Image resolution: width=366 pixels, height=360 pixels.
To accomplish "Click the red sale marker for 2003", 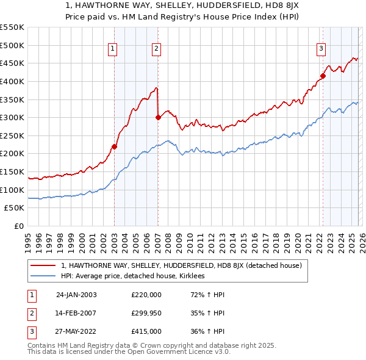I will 114,146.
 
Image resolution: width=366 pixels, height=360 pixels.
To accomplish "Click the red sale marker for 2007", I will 158,117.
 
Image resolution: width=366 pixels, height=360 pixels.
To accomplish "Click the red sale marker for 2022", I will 323,76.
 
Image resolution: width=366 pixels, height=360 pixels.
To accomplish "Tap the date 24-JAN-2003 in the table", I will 76,295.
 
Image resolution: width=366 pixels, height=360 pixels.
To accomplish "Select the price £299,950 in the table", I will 146,313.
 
